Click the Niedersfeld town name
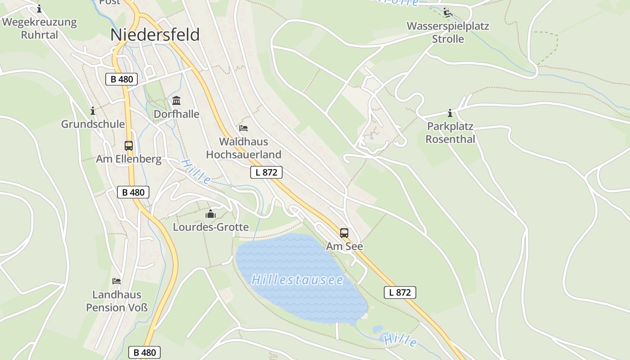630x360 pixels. tap(155, 35)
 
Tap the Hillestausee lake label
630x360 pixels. tap(297, 280)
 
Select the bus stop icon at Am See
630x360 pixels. tap(344, 233)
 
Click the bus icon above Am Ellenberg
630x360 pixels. tap(129, 145)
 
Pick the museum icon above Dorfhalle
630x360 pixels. tap(176, 100)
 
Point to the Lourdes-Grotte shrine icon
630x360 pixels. tap(211, 214)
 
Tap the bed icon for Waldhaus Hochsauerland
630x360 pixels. tap(243, 128)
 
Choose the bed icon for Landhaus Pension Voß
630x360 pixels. tap(117, 281)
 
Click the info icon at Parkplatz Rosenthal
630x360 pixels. tap(450, 113)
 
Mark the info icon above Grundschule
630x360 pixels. tap(93, 111)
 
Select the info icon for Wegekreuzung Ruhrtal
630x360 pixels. tap(39, 9)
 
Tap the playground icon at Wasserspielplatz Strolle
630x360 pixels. tap(447, 13)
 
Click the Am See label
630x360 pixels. tap(344, 246)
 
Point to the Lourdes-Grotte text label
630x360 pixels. tap(211, 227)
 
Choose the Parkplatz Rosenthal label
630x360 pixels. tap(450, 133)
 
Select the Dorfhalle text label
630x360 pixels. tap(176, 114)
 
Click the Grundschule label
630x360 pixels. tap(93, 124)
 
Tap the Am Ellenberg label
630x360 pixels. tap(129, 159)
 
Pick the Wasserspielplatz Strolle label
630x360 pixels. tap(448, 32)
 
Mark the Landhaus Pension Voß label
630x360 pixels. tap(117, 301)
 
